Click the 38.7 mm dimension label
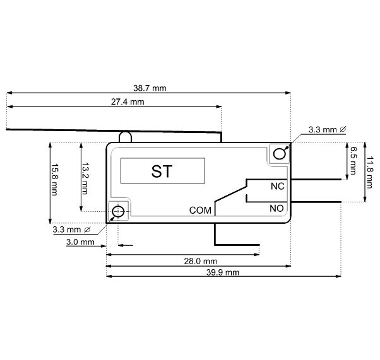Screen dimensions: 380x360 coord(150,88)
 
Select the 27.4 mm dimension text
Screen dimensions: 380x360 coord(128,102)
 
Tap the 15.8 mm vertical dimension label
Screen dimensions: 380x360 coord(54,180)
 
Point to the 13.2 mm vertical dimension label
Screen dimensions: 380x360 coord(85,178)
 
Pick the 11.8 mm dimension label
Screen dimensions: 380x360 coord(370,172)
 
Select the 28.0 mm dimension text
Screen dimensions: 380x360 coord(201,261)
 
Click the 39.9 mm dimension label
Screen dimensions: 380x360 coord(223,272)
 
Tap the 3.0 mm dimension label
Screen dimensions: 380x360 coord(80,242)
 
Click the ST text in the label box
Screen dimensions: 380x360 coord(162,171)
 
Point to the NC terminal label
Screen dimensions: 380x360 coord(278,187)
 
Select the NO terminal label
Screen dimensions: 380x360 coord(276,208)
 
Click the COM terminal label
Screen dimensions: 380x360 coord(200,211)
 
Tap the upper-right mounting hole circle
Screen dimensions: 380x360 coord(279,154)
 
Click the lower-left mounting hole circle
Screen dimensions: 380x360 coord(118,212)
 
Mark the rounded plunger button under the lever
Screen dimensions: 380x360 coord(125,137)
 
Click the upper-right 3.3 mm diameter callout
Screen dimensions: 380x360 coord(327,129)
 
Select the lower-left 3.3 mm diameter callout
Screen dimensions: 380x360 coord(71,229)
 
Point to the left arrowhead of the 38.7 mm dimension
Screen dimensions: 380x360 coord(9,93)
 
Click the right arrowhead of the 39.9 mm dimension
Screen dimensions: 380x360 coord(338,276)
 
